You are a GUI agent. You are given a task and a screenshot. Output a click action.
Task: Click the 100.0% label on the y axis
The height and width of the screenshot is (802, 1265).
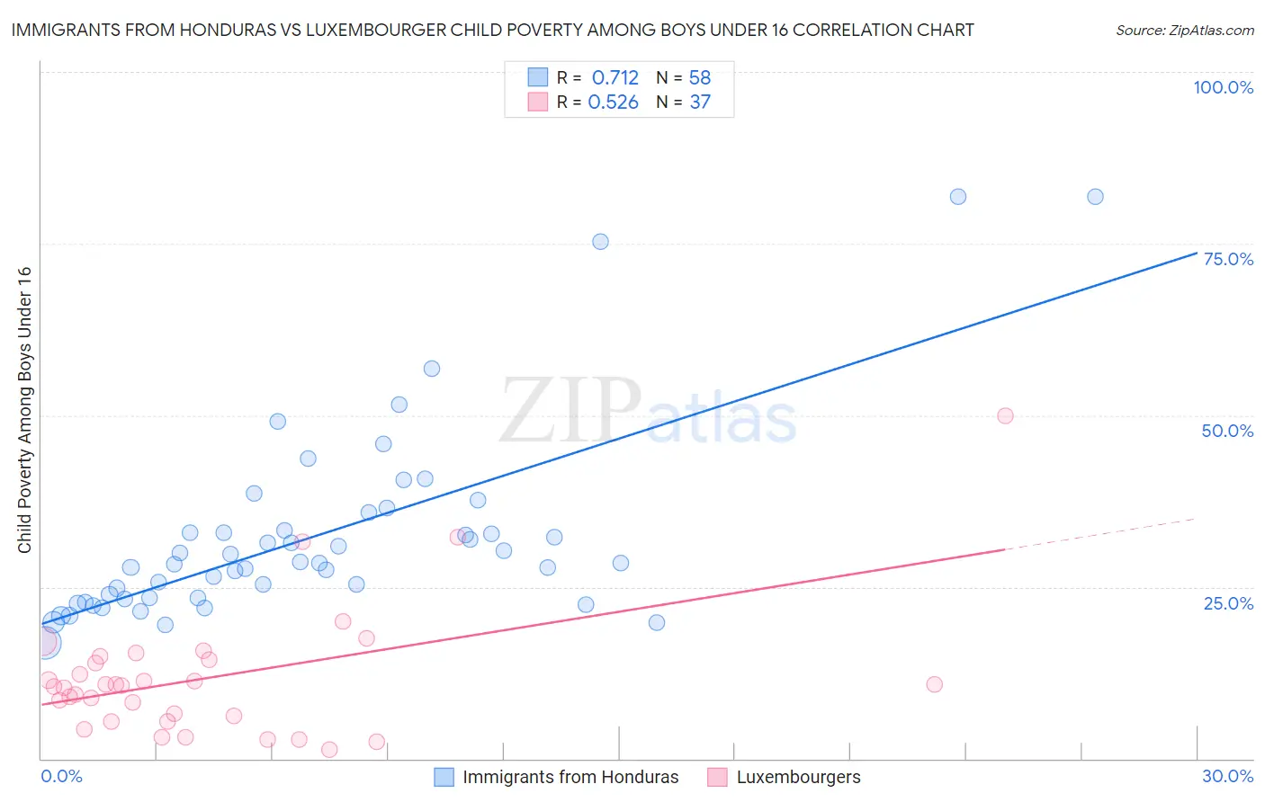(1223, 87)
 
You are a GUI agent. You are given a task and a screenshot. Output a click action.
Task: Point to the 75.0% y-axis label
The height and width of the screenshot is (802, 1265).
(1228, 259)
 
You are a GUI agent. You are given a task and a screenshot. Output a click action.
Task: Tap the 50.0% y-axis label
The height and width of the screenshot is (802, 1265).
(1227, 431)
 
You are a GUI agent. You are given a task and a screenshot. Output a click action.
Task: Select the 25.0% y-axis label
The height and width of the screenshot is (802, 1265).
(1228, 603)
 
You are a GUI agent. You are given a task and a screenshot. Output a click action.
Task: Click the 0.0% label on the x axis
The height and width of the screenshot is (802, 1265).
(61, 776)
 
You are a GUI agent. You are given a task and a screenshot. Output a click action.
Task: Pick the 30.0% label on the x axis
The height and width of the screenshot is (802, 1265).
(1227, 776)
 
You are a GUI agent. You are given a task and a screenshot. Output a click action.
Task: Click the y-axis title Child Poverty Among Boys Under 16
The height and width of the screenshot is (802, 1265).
(24, 410)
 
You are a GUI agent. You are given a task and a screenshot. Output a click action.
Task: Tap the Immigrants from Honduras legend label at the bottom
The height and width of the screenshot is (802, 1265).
(570, 777)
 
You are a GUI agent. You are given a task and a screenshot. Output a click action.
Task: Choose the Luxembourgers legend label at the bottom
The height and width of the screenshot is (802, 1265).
(798, 777)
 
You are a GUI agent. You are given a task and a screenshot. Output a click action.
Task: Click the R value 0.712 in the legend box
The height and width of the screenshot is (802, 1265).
(615, 78)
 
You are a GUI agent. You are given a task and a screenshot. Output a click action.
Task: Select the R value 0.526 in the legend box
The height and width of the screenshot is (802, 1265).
(614, 102)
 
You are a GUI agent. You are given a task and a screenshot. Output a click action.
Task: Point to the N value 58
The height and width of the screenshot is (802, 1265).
(700, 78)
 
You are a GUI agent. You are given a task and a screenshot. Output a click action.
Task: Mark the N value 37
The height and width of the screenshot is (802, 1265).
(700, 102)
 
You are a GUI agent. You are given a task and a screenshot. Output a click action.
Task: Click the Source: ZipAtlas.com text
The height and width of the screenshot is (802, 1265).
(1184, 31)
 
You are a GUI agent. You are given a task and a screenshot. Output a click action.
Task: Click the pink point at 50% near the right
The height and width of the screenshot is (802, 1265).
(1005, 415)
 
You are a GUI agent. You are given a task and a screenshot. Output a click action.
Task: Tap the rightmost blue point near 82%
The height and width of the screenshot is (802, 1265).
(1095, 197)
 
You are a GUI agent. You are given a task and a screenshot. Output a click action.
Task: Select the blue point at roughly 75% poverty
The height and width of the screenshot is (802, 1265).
(600, 242)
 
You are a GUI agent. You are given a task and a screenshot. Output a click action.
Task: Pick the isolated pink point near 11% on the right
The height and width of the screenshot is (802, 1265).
(934, 684)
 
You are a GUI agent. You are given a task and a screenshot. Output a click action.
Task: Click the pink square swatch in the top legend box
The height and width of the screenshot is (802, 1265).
(537, 102)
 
